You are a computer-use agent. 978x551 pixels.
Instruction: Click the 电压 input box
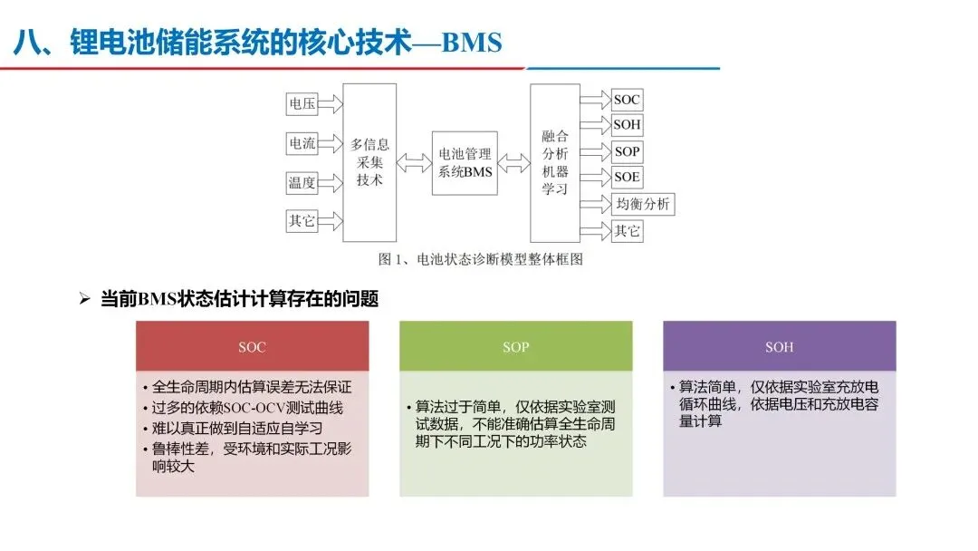302,104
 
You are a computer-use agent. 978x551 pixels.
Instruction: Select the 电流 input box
302,143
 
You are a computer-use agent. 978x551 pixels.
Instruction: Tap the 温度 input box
302,182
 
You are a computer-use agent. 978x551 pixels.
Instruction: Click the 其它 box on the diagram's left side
302,220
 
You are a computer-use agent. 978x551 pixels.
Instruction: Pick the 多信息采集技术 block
369,161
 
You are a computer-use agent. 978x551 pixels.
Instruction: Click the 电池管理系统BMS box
465,162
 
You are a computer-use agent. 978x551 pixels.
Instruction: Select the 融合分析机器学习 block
554,162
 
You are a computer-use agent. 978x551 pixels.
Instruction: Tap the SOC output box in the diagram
627,100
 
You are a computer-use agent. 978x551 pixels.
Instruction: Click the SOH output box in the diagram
627,124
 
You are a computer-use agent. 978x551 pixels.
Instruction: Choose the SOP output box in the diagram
627,151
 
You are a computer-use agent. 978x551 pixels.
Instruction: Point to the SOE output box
627,176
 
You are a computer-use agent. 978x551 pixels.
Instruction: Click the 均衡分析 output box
643,204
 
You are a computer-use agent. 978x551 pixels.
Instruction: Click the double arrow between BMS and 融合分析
514,162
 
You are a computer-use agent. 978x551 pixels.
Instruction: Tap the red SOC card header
253,346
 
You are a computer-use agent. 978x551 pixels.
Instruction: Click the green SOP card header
516,346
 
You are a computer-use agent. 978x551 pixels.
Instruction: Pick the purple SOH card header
779,346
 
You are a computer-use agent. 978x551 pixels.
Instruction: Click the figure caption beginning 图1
480,259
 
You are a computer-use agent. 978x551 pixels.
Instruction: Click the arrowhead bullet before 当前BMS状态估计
86,298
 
